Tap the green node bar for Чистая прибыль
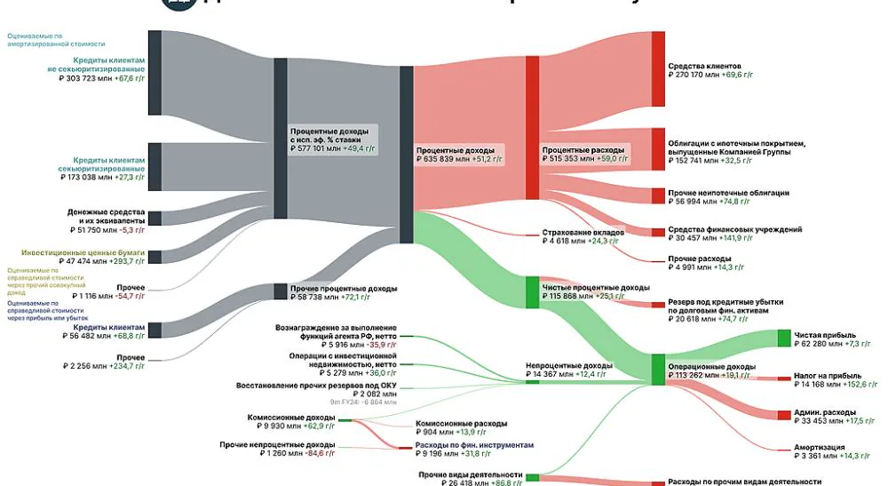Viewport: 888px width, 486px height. point(783,338)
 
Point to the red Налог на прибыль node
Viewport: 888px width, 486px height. point(783,378)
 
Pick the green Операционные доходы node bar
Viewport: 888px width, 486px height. point(658,369)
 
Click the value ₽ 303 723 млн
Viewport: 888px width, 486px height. point(81,78)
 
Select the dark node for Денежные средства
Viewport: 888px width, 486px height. point(155,218)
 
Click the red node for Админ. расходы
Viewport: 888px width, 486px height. point(783,414)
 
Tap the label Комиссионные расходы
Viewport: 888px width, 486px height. point(462,424)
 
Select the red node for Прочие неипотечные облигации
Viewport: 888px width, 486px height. point(658,195)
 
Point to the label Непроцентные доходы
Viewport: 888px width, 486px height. point(568,365)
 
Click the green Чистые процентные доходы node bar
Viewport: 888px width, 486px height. point(532,291)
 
